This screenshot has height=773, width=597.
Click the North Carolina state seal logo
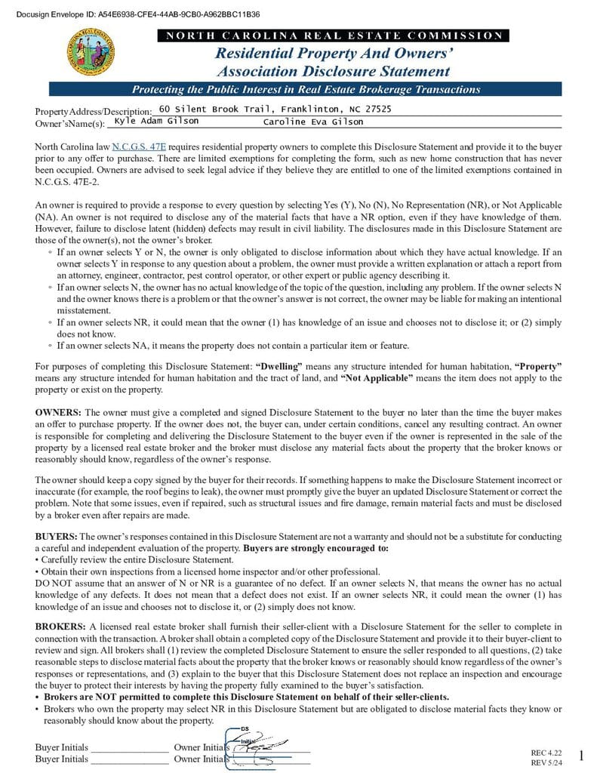tap(91, 53)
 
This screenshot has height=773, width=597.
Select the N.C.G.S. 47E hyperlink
tap(139, 146)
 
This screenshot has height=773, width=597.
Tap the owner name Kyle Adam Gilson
tap(156, 122)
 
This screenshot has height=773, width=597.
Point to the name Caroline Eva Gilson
tap(312, 122)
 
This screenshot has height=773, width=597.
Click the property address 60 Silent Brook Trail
tap(275, 109)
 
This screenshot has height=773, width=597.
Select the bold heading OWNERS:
tap(58, 412)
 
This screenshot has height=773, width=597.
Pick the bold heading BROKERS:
tap(60, 627)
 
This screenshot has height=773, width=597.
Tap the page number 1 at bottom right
tap(581, 756)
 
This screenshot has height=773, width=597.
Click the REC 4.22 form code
tap(547, 753)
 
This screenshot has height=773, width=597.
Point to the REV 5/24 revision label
tap(547, 763)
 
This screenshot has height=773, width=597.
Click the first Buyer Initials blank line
tap(129, 749)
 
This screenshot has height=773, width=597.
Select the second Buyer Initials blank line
tap(129, 760)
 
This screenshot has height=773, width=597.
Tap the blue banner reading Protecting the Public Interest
tap(306, 89)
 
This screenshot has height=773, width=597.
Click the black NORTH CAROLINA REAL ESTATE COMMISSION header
tap(333, 35)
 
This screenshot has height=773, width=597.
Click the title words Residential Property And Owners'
tap(334, 54)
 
